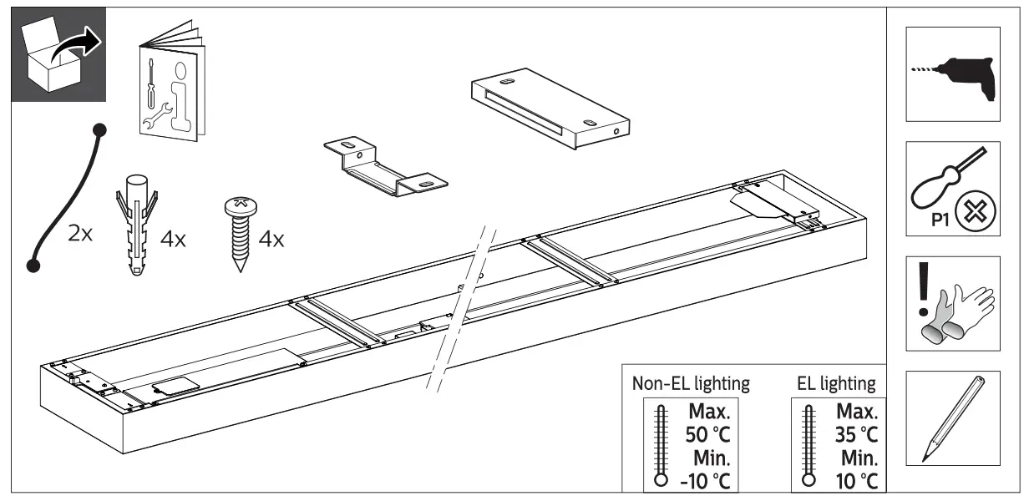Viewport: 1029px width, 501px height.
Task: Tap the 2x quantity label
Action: (x=82, y=233)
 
